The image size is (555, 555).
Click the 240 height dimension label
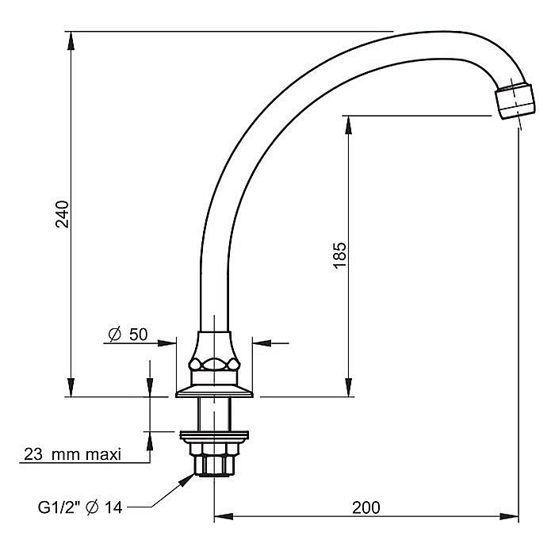pos(63,214)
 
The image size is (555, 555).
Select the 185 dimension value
pos(339,255)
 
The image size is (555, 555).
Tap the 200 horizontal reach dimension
pos(366,507)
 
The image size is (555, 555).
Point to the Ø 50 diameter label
pos(128,334)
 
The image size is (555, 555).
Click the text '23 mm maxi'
pos(73,454)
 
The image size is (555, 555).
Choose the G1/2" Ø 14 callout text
pos(80,507)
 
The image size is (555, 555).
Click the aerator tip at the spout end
pos(515,101)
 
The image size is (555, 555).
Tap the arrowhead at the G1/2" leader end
pos(187,480)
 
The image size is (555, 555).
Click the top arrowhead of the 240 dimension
pos(71,41)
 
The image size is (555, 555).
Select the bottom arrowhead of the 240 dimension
pos(71,387)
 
